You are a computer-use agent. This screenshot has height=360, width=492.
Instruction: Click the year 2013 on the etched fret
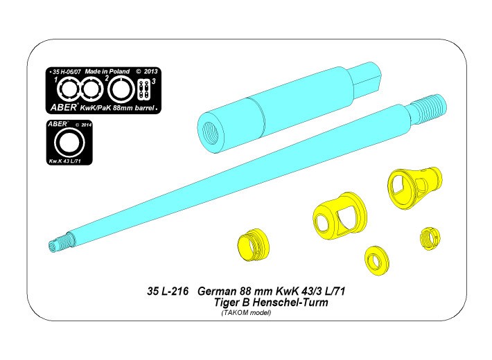click(x=150, y=71)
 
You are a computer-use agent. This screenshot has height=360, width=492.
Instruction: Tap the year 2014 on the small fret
click(x=86, y=125)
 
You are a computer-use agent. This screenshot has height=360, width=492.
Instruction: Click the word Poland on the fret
click(x=119, y=71)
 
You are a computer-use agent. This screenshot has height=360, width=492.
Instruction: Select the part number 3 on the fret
click(x=154, y=81)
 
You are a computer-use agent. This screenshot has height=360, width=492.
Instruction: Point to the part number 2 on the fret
click(x=107, y=78)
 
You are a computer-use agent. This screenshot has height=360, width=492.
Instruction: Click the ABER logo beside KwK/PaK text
click(x=63, y=107)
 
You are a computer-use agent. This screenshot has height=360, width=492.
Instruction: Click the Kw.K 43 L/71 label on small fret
click(x=65, y=161)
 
